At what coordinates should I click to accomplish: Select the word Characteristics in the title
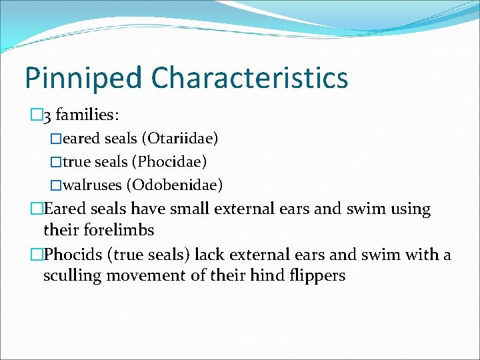249,78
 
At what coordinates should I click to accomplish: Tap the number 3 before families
46,116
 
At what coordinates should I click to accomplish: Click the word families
87,115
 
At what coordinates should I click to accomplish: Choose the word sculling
72,276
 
